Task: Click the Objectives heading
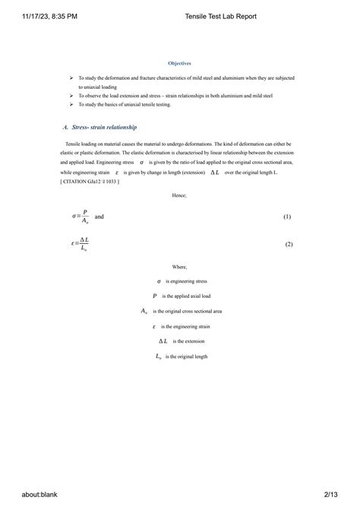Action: click(180, 63)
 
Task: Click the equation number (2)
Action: click(288, 244)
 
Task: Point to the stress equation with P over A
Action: click(80, 217)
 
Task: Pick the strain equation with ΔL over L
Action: click(80, 244)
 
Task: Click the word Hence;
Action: click(180, 195)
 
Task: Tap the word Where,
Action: click(180, 267)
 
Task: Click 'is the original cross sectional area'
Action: click(187, 311)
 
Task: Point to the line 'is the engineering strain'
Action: click(187, 326)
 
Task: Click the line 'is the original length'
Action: click(186, 356)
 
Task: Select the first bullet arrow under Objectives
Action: click(71, 78)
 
